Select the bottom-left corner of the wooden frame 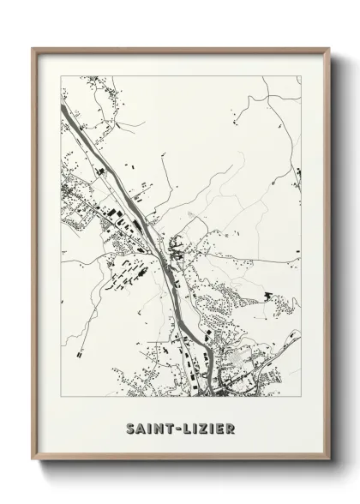(33, 460)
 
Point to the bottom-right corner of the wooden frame (330, 460)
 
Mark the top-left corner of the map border (61, 76)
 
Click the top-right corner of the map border (301, 76)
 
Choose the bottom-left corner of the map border (61, 397)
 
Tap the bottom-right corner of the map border (301, 397)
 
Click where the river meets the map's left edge (62, 107)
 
